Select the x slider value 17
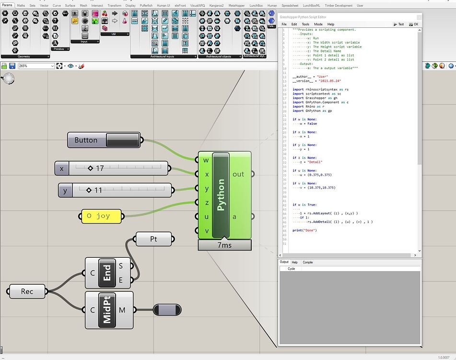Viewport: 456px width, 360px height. tap(99, 168)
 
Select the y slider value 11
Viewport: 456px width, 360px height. tap(97, 190)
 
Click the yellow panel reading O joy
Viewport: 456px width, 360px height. tap(101, 216)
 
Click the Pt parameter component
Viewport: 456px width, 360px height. tap(153, 239)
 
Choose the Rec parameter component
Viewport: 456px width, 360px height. tap(27, 291)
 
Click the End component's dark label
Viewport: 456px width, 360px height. tap(107, 273)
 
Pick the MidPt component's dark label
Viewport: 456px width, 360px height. tap(107, 310)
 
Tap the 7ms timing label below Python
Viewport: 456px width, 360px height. tap(224, 245)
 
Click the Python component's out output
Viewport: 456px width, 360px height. tap(238, 174)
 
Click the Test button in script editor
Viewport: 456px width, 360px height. tap(398, 24)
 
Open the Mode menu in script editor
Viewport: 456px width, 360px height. tap(318, 24)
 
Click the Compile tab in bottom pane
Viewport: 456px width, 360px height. tap(307, 262)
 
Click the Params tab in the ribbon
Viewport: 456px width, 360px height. tap(7, 5)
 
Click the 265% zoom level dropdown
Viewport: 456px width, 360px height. tap(36, 66)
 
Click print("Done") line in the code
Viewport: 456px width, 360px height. tap(304, 230)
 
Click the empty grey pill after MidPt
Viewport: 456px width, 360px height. tap(167, 310)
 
